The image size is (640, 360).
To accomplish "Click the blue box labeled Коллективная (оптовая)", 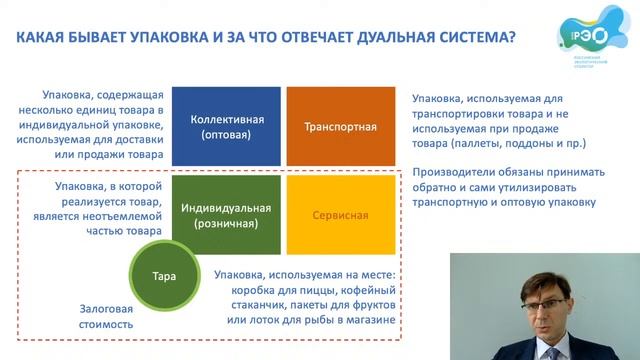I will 226,126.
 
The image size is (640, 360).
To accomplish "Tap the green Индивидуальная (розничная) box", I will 226,214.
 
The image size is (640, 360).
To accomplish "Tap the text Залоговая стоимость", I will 106,315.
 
